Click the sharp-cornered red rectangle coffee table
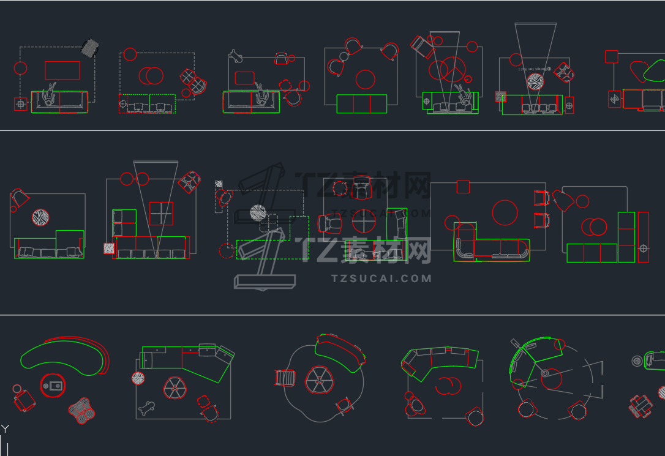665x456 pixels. coord(62,70)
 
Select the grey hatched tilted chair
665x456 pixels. coord(91,48)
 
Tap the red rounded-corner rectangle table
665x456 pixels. coord(244,78)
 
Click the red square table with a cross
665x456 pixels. coord(161,214)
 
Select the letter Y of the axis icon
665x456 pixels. coord(5,429)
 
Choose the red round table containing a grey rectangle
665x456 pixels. coord(53,386)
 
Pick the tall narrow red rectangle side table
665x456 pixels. coord(643,237)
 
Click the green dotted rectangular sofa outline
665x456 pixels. coord(147,103)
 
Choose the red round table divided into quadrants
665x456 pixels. coord(364,221)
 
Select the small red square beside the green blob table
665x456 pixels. coord(611,56)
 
